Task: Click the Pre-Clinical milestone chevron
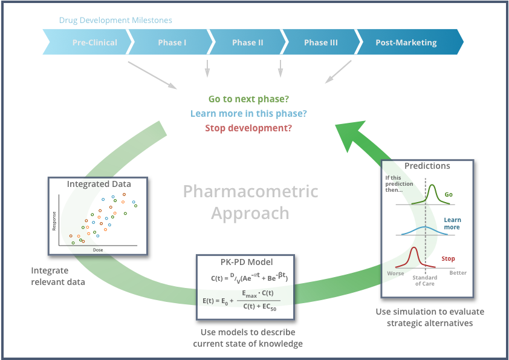click(91, 43)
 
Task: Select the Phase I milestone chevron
click(172, 43)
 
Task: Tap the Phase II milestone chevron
click(247, 43)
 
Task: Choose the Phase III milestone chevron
click(321, 43)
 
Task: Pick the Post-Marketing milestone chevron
click(406, 43)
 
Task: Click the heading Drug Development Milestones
click(115, 21)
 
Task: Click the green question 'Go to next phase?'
click(248, 99)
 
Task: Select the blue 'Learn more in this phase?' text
click(248, 114)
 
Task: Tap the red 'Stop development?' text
click(248, 128)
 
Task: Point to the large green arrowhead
click(357, 133)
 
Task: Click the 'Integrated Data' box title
click(99, 184)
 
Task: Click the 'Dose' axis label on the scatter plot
click(97, 249)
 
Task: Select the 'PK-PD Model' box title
click(245, 262)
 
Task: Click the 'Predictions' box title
click(427, 166)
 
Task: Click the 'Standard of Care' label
click(425, 281)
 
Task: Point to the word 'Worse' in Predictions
click(395, 273)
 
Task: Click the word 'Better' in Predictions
click(458, 273)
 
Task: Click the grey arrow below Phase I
click(207, 68)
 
